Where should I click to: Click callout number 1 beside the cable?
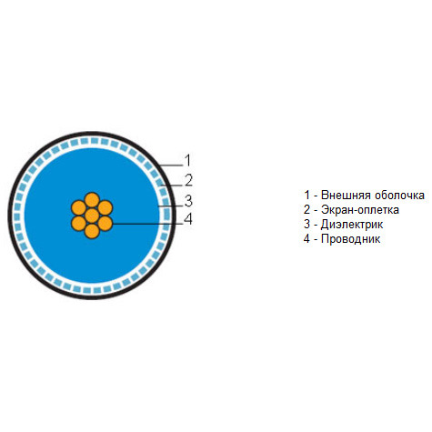188,160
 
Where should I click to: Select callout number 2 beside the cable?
188,180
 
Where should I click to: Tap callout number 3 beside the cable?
188,201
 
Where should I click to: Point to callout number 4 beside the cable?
188,219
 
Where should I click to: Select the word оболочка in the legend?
399,196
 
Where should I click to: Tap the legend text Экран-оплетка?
360,210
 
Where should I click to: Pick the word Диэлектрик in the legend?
352,225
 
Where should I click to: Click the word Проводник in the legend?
350,239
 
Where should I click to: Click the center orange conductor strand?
92,216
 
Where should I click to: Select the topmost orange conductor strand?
92,200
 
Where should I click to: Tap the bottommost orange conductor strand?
92,231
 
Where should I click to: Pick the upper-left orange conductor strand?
78,208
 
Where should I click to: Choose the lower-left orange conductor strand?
78,224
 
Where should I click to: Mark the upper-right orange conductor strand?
105,208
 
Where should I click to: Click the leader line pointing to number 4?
148,224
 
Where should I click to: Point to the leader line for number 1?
172,166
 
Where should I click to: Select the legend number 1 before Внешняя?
307,196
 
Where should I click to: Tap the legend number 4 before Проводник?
307,239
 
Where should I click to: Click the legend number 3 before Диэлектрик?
307,225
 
